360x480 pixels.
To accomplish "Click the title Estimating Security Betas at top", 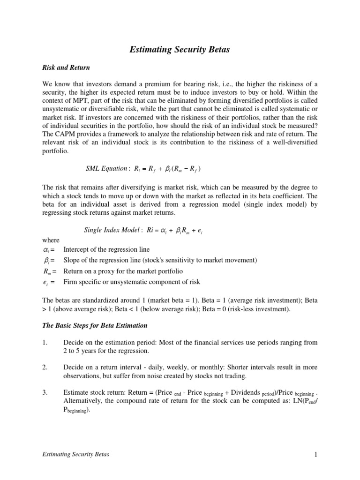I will coord(180,50).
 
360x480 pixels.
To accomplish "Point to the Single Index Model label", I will coord(112,230).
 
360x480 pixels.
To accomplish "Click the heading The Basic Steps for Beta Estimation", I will coord(95,325).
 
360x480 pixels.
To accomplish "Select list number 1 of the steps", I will coord(45,343).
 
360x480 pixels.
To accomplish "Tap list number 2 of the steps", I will coord(45,368).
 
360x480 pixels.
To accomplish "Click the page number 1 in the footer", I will coord(316,454).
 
